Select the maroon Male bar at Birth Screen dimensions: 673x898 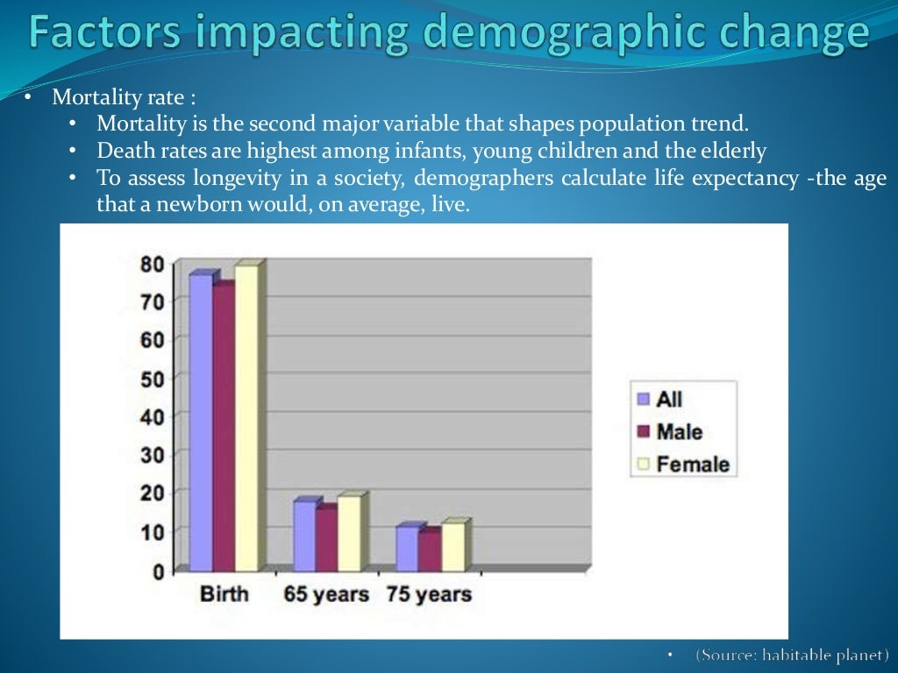point(223,428)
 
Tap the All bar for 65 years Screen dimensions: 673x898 point(304,535)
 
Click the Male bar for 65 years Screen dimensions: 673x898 point(325,538)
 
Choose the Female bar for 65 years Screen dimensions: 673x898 point(348,533)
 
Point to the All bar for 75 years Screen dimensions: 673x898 point(407,548)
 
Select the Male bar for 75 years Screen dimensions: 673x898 point(428,550)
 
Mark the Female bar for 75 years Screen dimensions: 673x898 point(452,547)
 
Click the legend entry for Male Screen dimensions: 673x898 point(670,431)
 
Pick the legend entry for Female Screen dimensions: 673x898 point(683,464)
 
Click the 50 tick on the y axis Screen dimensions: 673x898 point(152,378)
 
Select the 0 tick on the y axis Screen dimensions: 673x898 point(158,571)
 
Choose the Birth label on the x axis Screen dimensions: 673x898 point(224,594)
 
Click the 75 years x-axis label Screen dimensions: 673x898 point(429,594)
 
